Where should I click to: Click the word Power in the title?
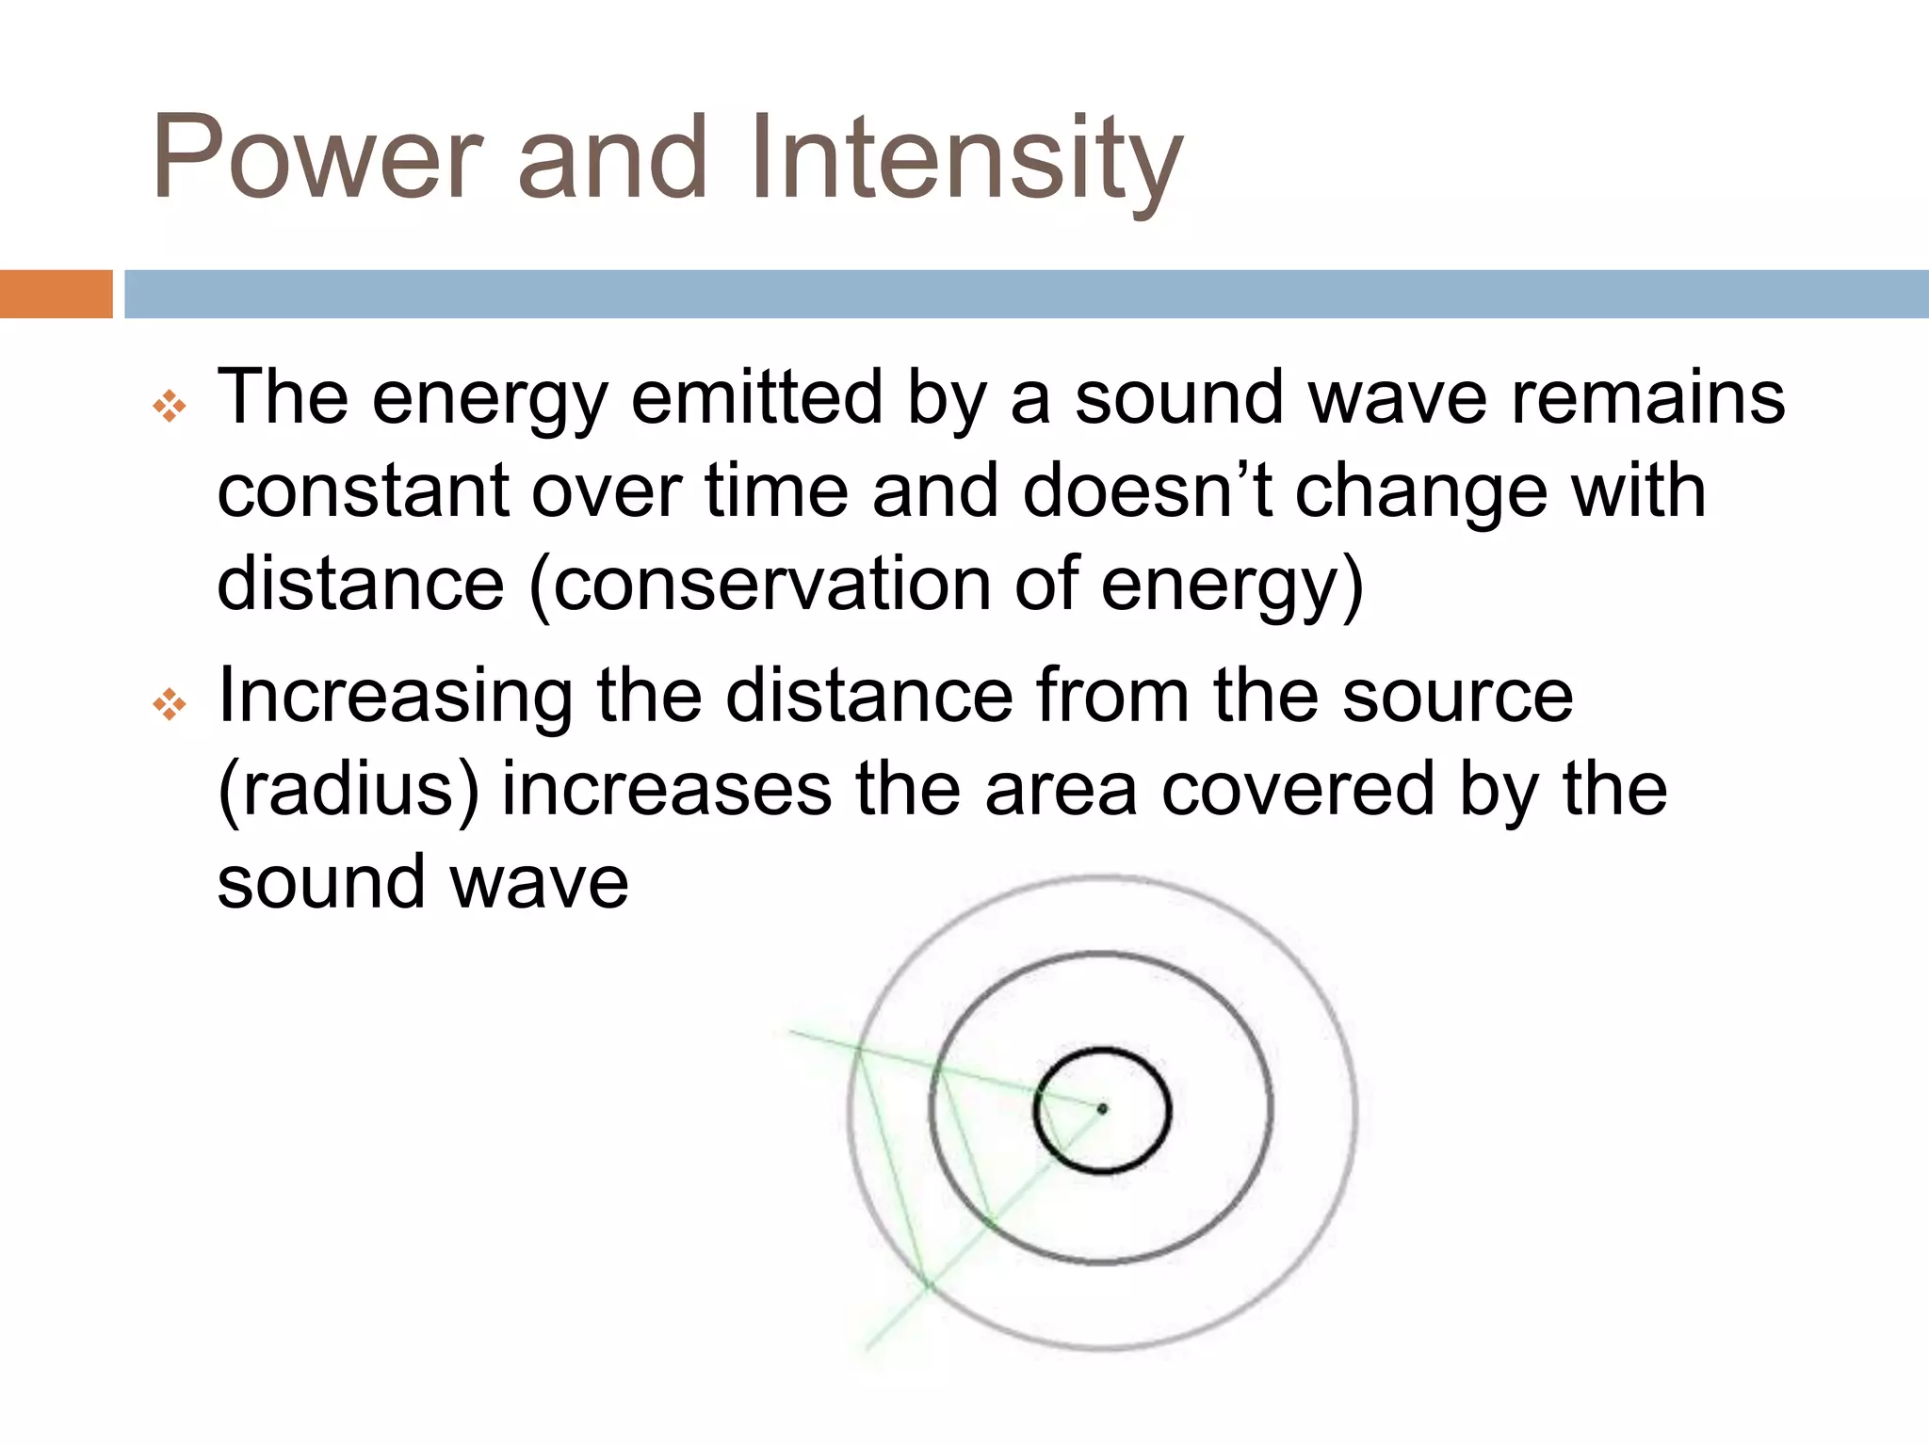pyautogui.click(x=317, y=158)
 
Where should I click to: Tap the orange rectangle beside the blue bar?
pyautogui.click(x=56, y=294)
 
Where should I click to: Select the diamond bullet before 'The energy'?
pyautogui.click(x=170, y=407)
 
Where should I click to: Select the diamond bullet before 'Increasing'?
pyautogui.click(x=170, y=703)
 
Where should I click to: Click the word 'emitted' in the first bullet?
pyautogui.click(x=756, y=397)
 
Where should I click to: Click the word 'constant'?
pyautogui.click(x=363, y=491)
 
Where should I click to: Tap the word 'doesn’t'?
pyautogui.click(x=1147, y=491)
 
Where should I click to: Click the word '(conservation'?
pyautogui.click(x=759, y=585)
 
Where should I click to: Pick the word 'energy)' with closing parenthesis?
pyautogui.click(x=1232, y=585)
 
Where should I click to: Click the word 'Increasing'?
pyautogui.click(x=395, y=697)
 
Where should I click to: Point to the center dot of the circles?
pyautogui.click(x=1102, y=1108)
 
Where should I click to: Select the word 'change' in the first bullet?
pyautogui.click(x=1421, y=491)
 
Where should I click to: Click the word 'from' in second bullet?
pyautogui.click(x=1112, y=697)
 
